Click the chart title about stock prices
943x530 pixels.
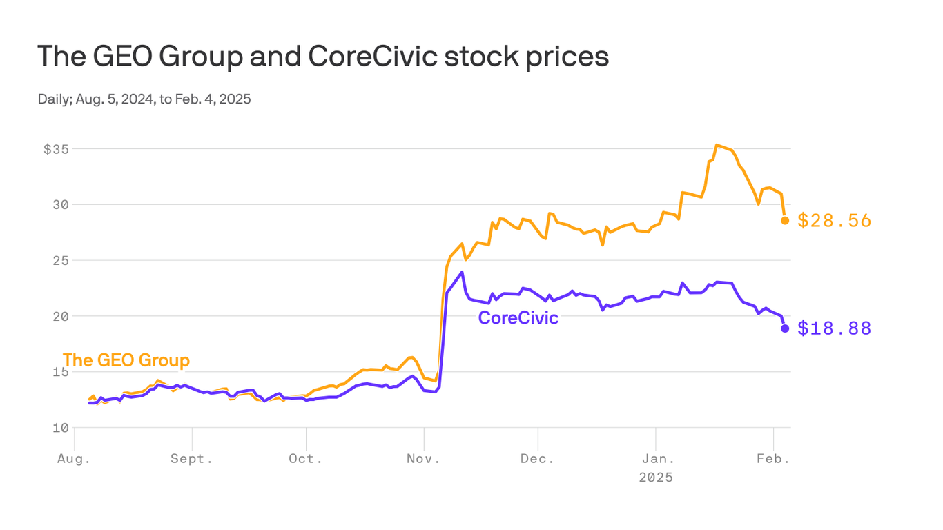coord(323,57)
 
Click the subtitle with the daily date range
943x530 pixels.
coord(144,99)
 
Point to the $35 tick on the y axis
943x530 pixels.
coord(57,149)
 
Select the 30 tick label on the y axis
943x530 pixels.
coord(61,205)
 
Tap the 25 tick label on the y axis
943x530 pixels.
coord(61,261)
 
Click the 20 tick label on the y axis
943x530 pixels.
coord(61,316)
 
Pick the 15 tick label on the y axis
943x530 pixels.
coord(61,372)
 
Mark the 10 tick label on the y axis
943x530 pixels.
coord(61,428)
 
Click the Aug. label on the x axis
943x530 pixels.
coord(73,459)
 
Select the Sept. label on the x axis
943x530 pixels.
coord(192,459)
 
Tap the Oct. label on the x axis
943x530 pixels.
coord(306,459)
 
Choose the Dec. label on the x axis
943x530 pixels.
coord(538,459)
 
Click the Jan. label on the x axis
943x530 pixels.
coord(656,459)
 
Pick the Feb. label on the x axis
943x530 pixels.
coord(773,459)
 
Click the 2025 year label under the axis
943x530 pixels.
coord(656,478)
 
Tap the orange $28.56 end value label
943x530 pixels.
coord(834,221)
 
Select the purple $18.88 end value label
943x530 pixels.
coord(834,328)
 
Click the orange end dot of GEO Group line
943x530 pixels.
coord(785,221)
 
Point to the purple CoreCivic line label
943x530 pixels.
coord(518,318)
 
